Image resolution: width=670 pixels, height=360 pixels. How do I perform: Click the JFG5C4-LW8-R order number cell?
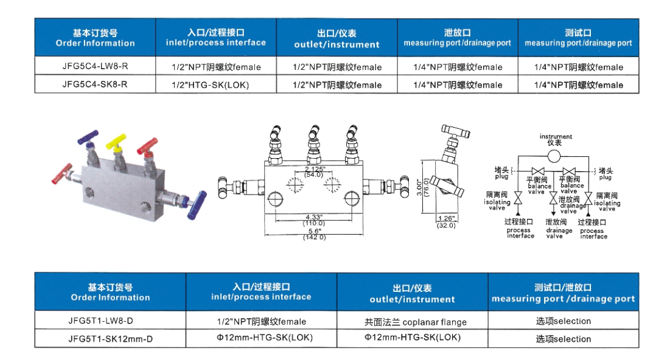tap(94, 66)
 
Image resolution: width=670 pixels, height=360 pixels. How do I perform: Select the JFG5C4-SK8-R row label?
tap(94, 84)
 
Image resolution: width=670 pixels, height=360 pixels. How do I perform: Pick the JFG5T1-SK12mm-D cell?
tap(110, 339)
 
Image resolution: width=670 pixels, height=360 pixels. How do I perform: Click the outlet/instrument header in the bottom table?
tap(412, 293)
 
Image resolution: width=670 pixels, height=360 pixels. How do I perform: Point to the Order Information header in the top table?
tap(95, 38)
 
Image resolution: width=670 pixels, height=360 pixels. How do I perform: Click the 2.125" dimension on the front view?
tap(315, 169)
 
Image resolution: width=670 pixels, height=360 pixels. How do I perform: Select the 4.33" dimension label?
tap(315, 217)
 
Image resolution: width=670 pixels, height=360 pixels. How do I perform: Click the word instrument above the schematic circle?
tap(556, 136)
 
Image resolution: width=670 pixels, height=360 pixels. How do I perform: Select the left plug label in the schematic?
tap(501, 173)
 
